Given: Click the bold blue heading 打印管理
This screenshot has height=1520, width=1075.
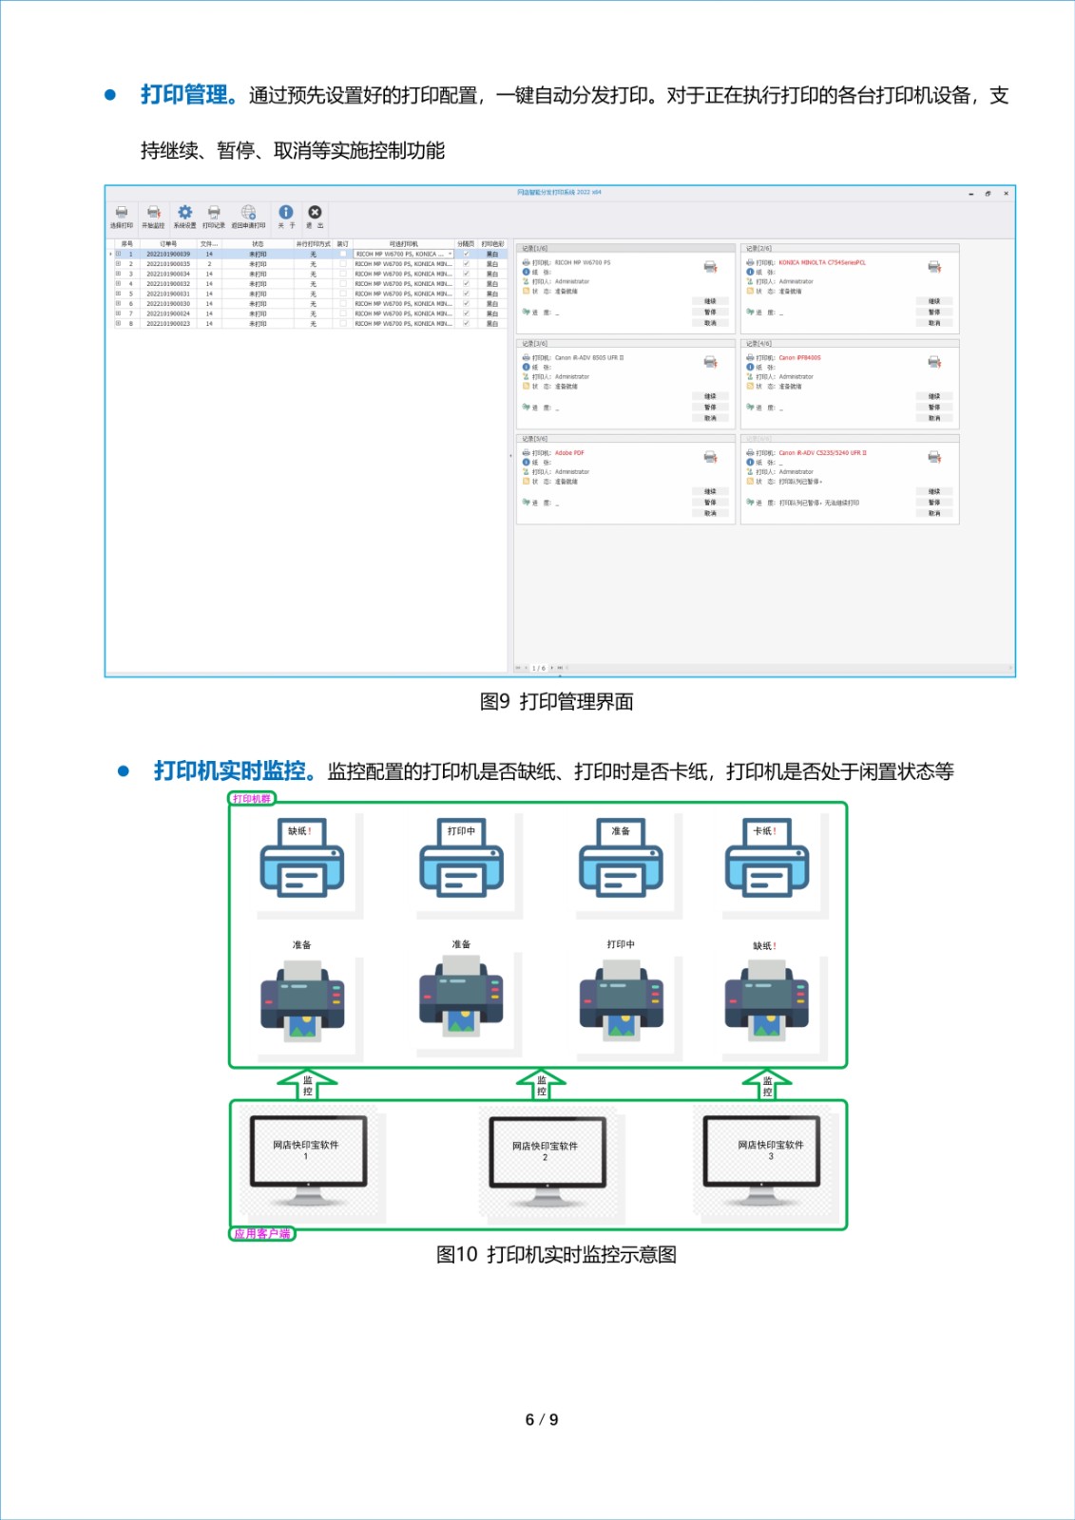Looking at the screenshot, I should (185, 95).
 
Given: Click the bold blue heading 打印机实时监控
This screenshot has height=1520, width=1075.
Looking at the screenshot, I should (230, 770).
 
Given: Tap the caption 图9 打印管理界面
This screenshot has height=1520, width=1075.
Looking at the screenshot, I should (556, 702).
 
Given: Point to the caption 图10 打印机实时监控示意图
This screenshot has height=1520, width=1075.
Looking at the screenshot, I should (556, 1255).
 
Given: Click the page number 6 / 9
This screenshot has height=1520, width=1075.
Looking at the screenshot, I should (542, 1420).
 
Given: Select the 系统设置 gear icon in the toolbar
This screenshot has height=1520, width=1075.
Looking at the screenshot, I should (184, 214).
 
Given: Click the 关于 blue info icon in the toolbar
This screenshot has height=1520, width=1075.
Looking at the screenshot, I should (285, 214).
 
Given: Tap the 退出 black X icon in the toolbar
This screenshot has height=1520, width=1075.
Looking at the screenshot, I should (315, 214).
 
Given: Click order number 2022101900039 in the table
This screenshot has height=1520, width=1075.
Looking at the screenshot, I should (168, 255).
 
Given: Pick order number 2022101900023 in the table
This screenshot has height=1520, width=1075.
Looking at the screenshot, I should (168, 324).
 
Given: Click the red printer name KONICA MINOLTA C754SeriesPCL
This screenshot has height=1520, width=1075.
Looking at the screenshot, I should (822, 263).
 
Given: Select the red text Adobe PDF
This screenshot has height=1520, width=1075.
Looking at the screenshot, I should (569, 453).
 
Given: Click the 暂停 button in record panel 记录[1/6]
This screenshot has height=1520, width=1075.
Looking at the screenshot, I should (710, 313).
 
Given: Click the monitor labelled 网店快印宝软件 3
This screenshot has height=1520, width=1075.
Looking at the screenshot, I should (770, 1151).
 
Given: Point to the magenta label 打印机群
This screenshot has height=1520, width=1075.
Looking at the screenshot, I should (252, 799).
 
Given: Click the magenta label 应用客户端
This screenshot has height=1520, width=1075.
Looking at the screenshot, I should (262, 1234).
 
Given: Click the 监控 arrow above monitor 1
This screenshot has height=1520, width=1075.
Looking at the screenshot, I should (307, 1084).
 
